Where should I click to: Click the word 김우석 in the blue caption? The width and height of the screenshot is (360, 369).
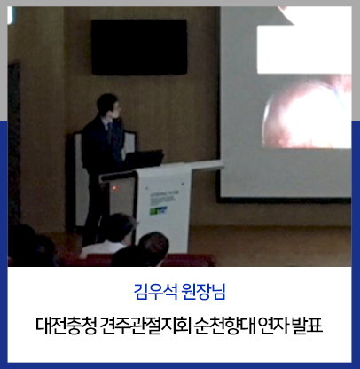pos(155,291)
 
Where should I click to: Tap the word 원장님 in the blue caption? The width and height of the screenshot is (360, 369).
pos(204,291)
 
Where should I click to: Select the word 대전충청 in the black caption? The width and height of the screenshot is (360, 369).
pos(67,326)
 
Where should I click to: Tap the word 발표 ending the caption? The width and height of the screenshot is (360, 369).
pos(307,326)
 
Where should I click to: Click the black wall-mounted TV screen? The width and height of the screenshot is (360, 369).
pos(139,47)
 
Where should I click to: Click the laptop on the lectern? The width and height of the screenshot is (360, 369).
pos(144,160)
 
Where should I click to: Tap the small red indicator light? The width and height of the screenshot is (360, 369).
pos(114,188)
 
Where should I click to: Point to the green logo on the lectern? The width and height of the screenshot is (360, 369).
pos(159,211)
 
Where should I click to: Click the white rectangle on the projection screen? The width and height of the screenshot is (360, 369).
pos(304,50)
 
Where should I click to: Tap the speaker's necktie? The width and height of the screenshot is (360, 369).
pos(110,133)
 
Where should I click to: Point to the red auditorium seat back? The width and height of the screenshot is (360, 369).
pos(189,260)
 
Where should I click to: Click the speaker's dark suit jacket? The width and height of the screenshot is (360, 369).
pos(102,148)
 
